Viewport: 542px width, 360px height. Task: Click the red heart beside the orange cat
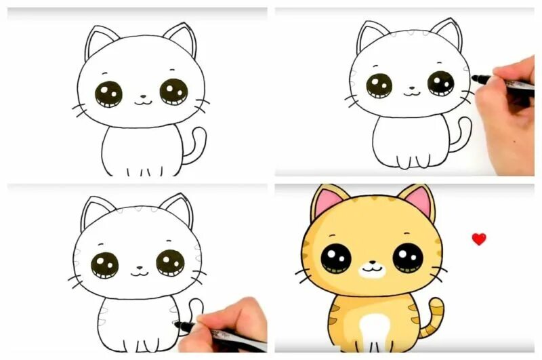point(479,239)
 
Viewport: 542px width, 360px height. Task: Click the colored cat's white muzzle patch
point(371,270)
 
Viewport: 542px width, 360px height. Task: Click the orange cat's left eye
point(335,258)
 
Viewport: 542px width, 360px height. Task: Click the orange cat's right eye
point(407,258)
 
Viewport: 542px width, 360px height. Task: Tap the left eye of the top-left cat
point(108,94)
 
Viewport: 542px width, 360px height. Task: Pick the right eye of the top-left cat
point(173,92)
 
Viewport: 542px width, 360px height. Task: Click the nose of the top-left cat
point(142,96)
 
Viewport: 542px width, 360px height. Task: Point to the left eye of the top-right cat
point(379,85)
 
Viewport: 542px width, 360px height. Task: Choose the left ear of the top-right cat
point(370,37)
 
